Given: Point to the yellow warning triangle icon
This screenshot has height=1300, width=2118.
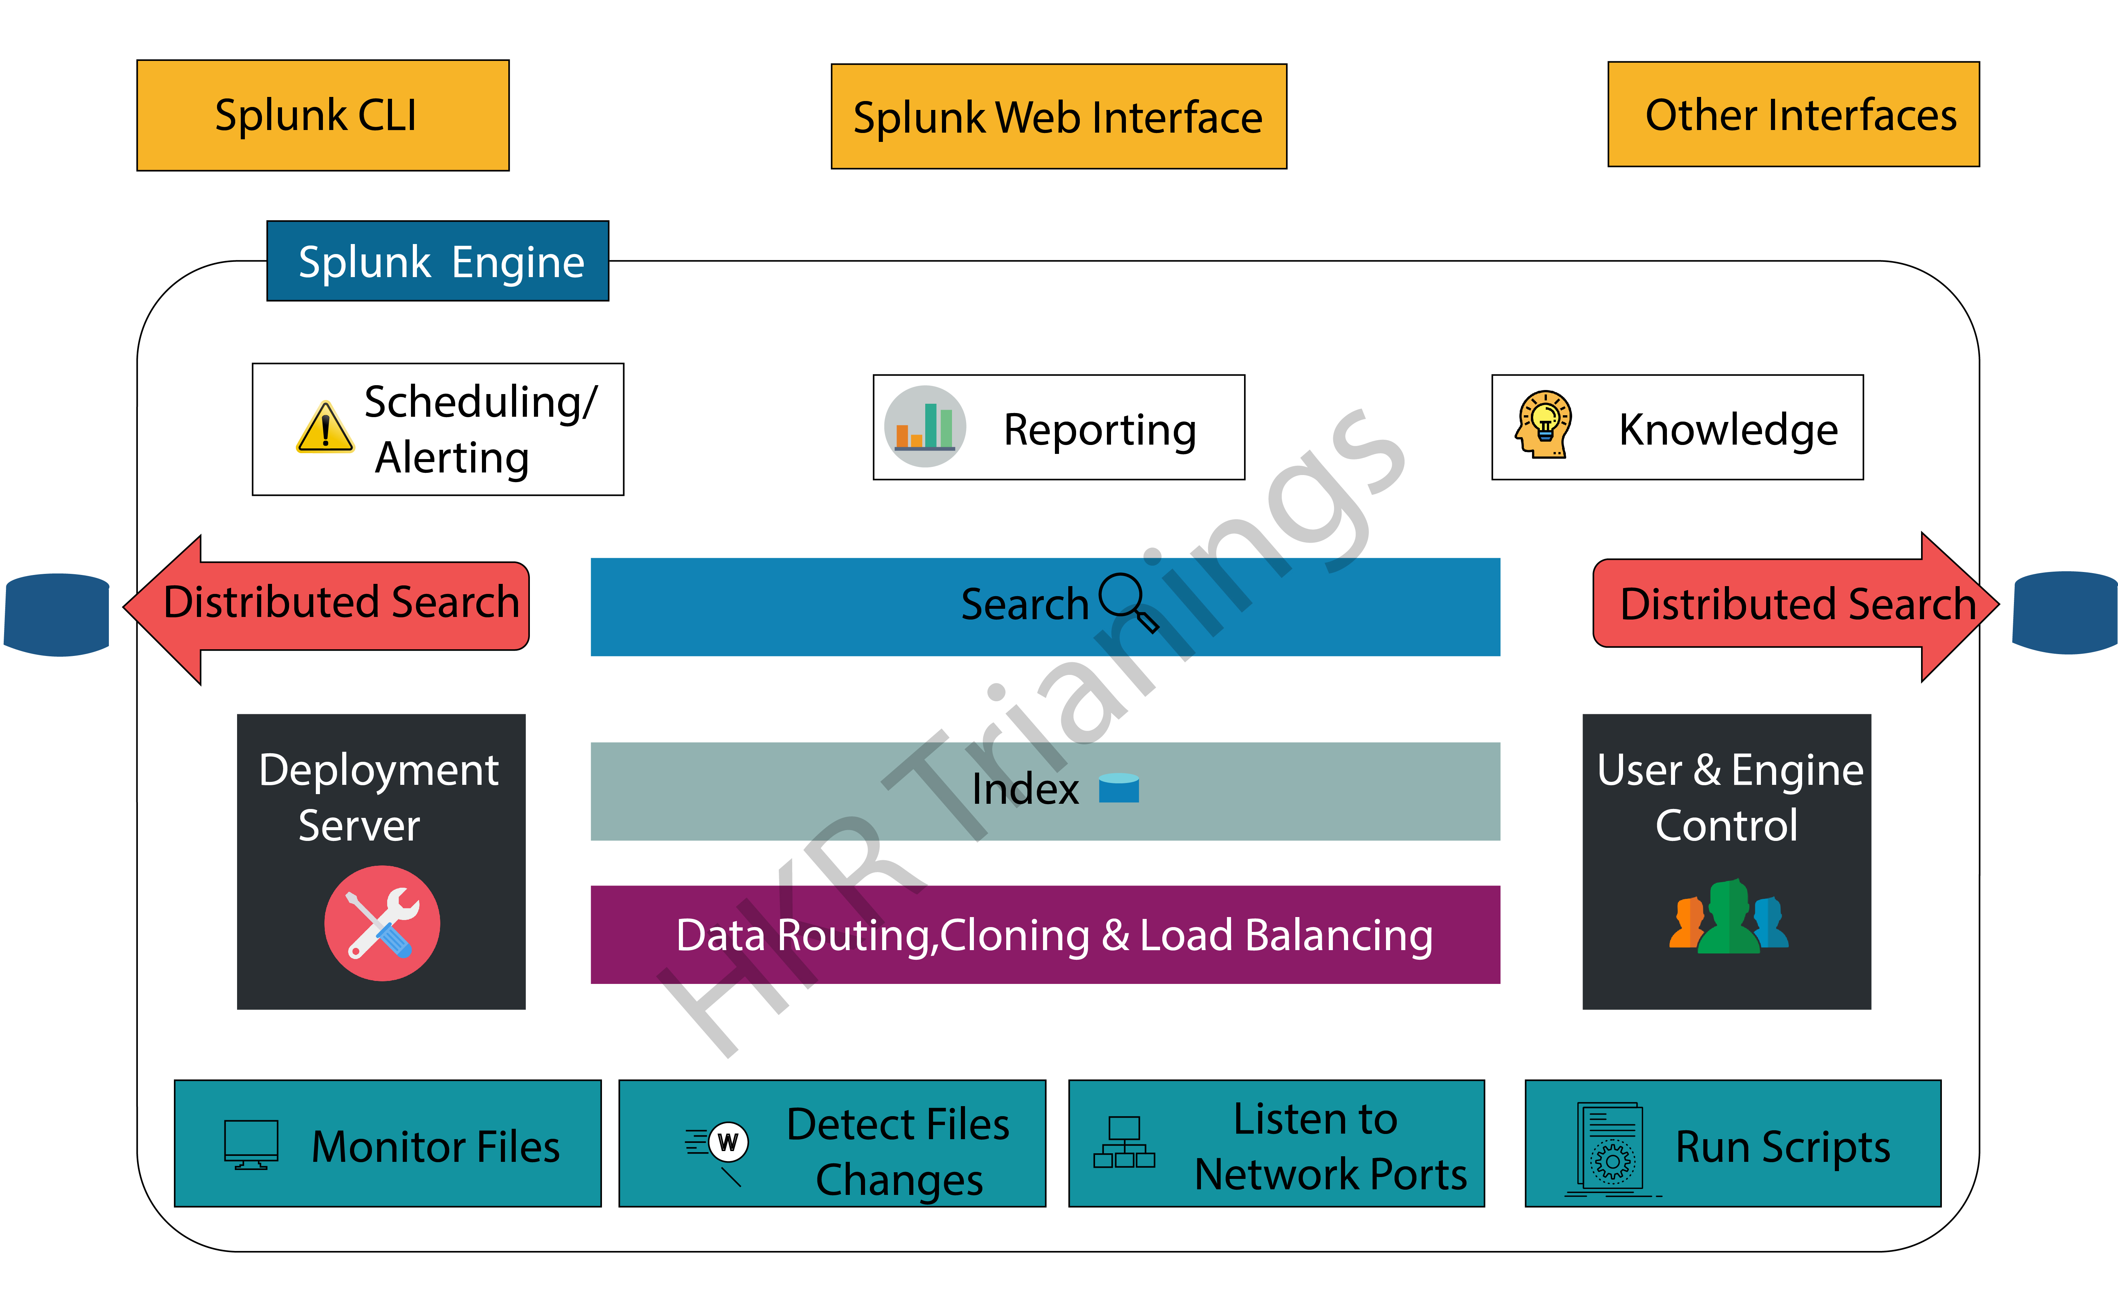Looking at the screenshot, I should click(324, 428).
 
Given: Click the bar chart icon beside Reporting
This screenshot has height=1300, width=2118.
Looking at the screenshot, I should click(924, 426).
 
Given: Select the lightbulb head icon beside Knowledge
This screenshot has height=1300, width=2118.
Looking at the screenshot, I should click(1544, 425).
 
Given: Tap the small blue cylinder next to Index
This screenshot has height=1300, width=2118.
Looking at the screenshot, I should click(1119, 787).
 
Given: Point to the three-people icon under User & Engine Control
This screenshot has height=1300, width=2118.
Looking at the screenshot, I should click(1729, 917).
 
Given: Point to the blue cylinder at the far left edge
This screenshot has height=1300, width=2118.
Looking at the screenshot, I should click(57, 614).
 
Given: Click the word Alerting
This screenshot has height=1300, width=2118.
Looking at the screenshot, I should click(451, 457).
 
